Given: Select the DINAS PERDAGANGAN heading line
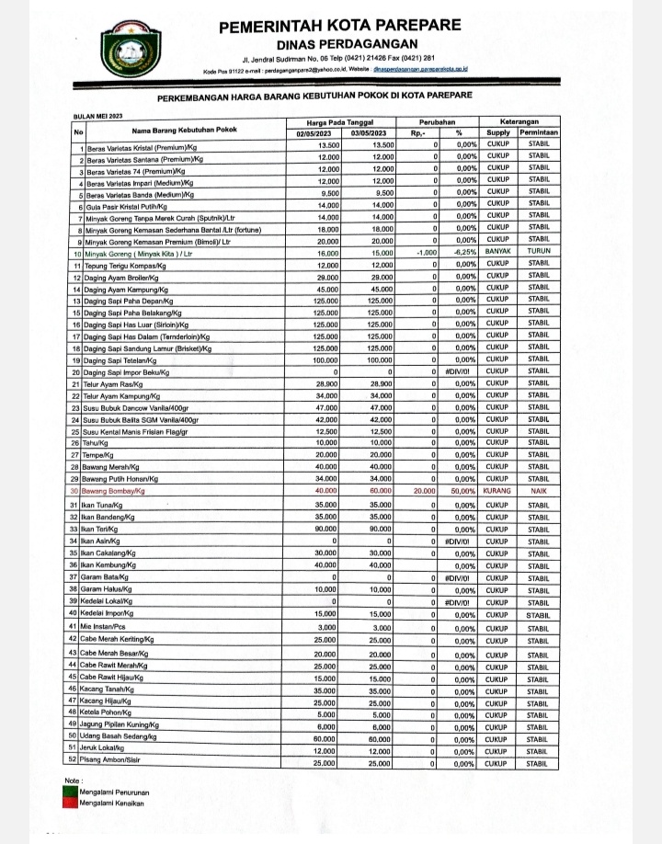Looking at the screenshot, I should tap(334, 45).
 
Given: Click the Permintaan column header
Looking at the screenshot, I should tap(539, 134).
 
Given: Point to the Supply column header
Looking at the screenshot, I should tap(498, 134).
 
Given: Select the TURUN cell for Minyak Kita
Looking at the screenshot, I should tap(539, 251).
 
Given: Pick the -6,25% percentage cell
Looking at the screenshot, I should tap(459, 251).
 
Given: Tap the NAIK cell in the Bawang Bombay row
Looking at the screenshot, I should tap(539, 491).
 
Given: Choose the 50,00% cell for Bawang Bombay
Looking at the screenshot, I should tap(459, 491).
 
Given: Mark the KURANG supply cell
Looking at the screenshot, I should tap(498, 491).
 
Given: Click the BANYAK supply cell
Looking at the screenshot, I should tap(498, 251).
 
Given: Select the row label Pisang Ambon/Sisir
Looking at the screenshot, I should tap(120, 764).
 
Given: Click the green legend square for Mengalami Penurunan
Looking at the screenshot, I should tap(68, 792).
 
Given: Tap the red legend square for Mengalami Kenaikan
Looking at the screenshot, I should tap(68, 804).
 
